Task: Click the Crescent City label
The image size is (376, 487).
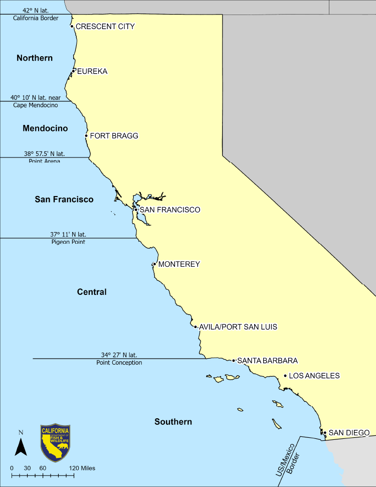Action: point(105,27)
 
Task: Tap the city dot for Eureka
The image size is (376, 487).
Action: point(73,71)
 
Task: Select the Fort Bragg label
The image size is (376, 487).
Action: point(114,136)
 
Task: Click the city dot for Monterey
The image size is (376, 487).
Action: point(154,264)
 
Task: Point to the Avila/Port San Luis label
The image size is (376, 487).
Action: point(238,327)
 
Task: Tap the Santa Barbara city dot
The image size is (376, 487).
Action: point(234,361)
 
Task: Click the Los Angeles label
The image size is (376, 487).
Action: point(314,376)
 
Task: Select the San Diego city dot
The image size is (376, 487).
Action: point(325,433)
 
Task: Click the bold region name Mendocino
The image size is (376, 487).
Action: point(45,128)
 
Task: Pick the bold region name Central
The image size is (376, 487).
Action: point(92,292)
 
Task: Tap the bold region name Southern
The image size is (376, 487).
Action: point(173,422)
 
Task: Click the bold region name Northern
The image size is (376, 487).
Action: point(35,58)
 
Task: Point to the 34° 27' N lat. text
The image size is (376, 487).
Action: point(119,355)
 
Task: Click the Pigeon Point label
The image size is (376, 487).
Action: point(68,242)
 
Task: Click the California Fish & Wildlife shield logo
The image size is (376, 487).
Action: point(55,443)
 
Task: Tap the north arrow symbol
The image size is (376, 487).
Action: point(21,446)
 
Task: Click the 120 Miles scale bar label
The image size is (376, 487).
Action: point(82,468)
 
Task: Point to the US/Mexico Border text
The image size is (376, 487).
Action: point(286,458)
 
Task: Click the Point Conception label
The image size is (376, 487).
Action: point(119,363)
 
